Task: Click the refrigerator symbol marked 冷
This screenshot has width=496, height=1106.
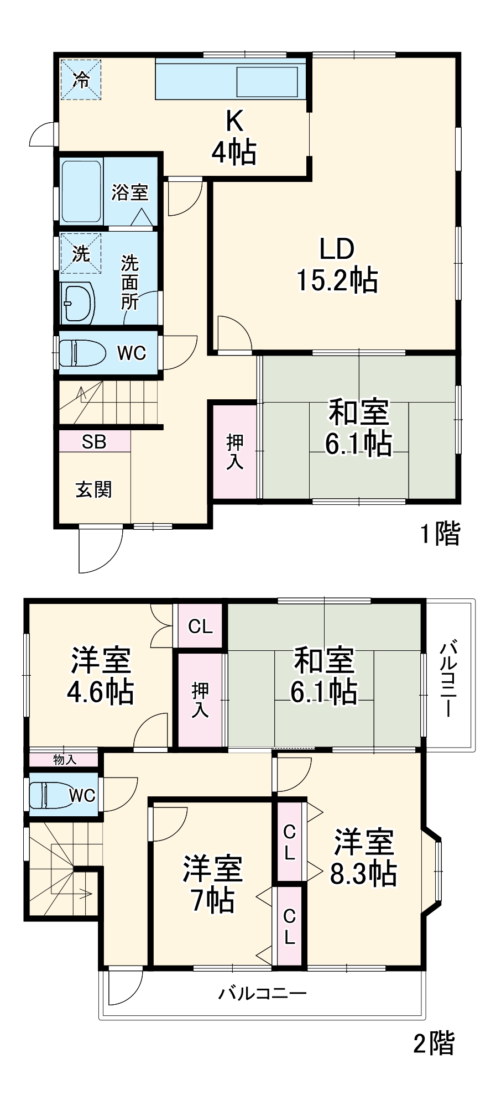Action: click(x=81, y=80)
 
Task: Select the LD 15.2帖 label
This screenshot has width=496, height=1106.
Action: click(x=337, y=265)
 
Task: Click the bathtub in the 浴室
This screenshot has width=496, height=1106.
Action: click(x=81, y=191)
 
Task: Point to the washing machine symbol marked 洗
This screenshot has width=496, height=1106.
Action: click(x=81, y=253)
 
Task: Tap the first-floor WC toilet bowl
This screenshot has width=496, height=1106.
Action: click(x=82, y=353)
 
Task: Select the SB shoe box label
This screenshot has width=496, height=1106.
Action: click(x=94, y=442)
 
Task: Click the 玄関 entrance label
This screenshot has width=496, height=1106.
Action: click(x=94, y=489)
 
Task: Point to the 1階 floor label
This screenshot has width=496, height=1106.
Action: click(x=440, y=534)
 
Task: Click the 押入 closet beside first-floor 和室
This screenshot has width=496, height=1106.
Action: click(x=234, y=452)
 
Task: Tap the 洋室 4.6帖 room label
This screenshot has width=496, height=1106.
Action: click(x=101, y=676)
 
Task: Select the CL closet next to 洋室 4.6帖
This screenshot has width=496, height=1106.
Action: click(x=200, y=626)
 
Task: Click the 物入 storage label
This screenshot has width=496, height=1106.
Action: click(x=65, y=759)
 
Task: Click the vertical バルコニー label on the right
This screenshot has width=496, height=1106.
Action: click(x=449, y=678)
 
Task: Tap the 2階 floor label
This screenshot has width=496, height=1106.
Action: click(x=434, y=1043)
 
